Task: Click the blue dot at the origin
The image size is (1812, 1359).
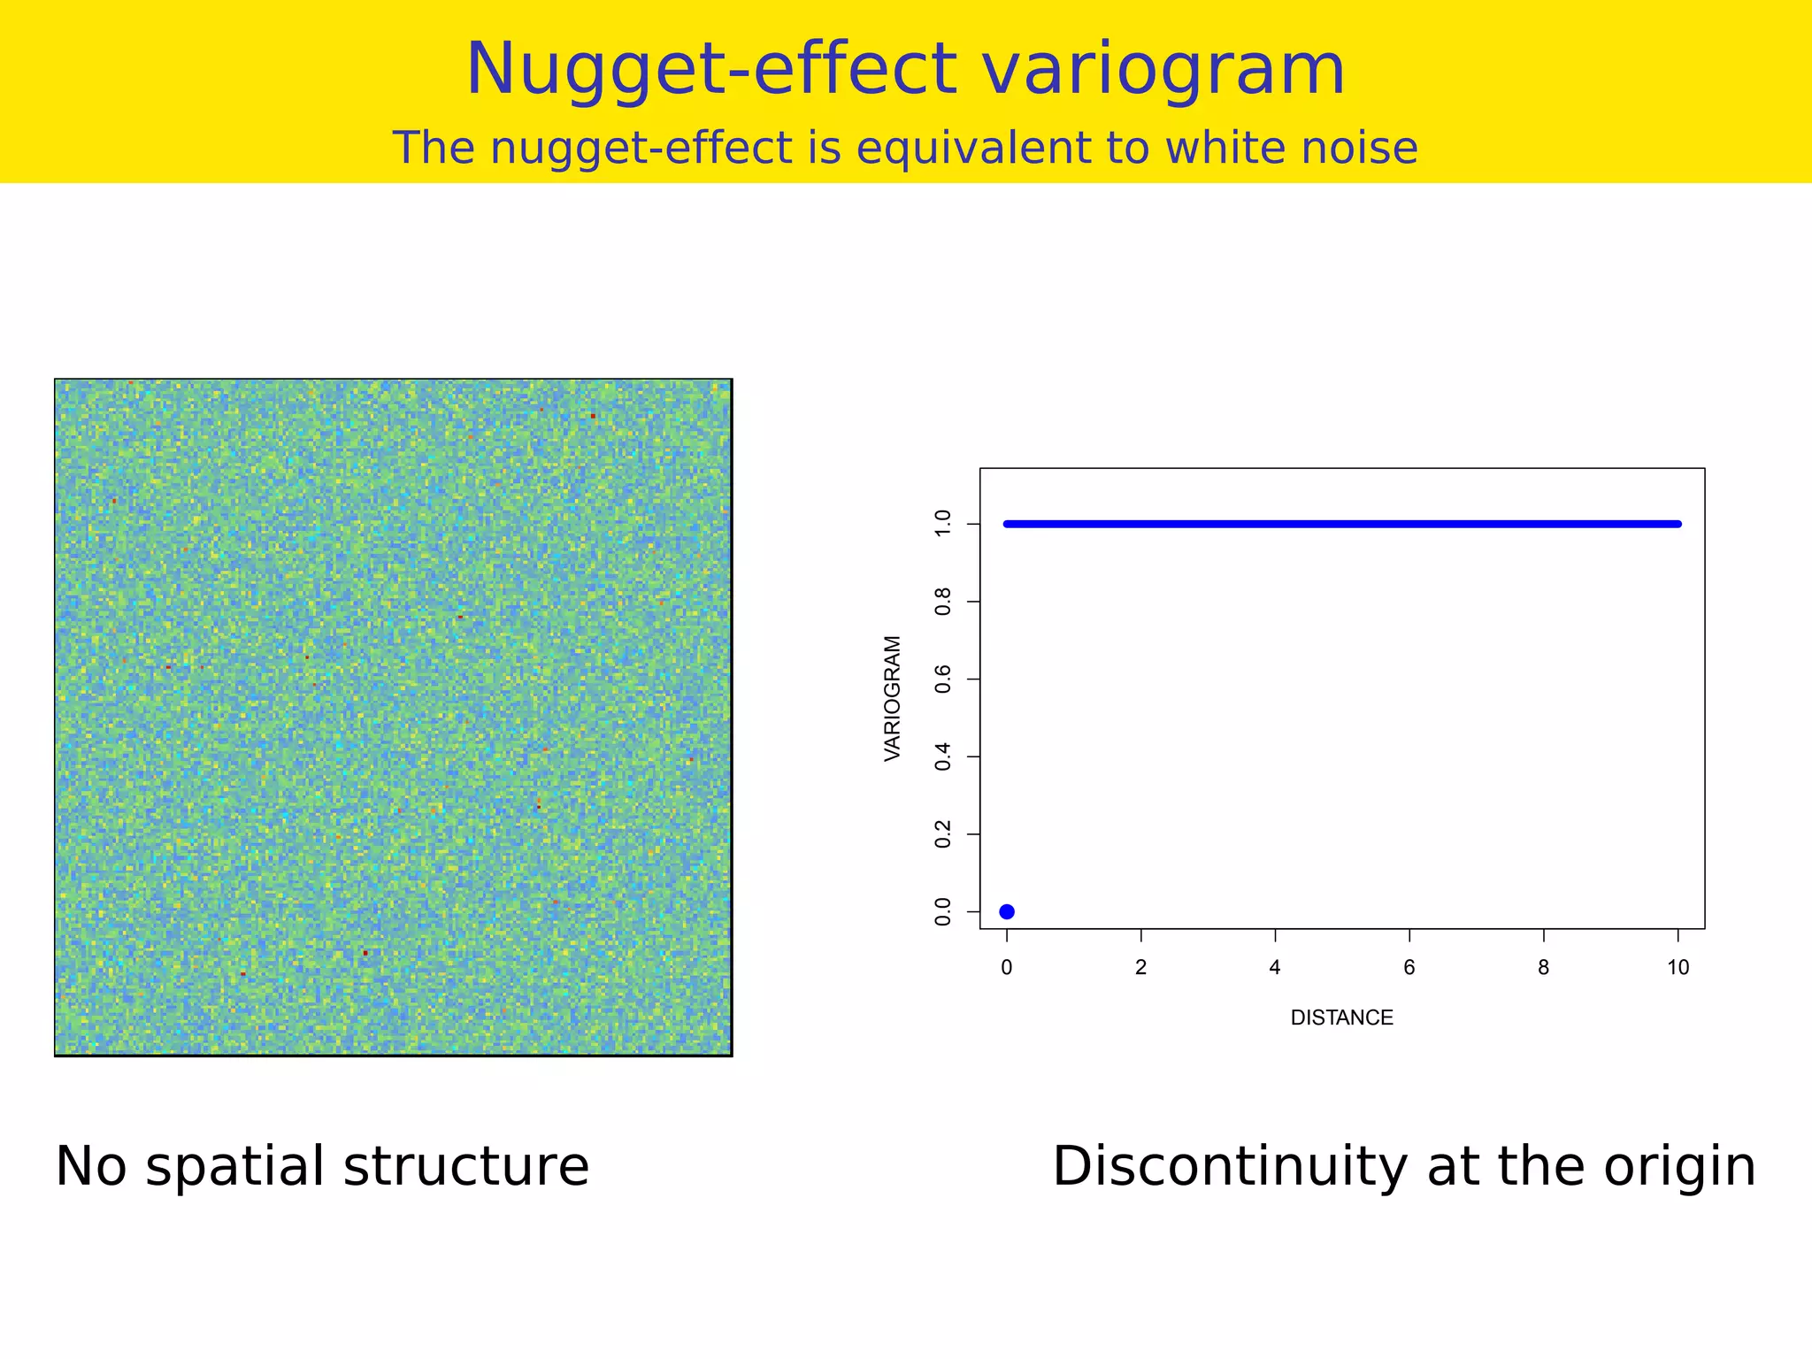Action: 1006,912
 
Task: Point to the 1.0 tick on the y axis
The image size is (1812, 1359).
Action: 943,524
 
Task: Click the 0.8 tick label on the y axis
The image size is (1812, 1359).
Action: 943,602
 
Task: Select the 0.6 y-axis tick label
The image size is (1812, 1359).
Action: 943,679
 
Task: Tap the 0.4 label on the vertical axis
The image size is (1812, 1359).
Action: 943,756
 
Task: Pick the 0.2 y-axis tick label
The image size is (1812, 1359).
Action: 943,834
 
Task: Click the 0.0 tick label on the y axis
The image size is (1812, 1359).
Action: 943,912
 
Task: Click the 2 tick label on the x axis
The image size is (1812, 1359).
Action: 1140,968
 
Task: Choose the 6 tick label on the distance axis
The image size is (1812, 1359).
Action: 1409,968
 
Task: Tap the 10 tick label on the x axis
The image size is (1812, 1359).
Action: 1678,968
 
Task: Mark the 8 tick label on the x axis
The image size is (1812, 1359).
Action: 1543,968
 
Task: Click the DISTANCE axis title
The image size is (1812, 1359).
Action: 1341,1018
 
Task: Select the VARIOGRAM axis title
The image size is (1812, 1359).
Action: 893,698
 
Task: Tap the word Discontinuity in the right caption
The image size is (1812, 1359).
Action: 1229,1166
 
